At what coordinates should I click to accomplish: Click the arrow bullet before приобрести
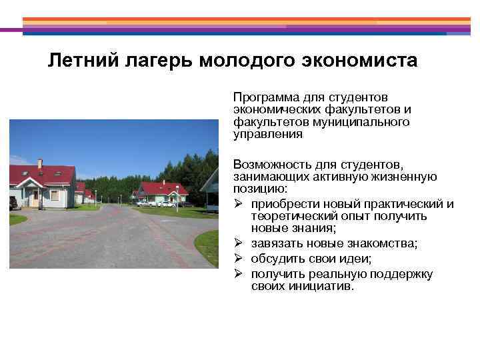(238, 204)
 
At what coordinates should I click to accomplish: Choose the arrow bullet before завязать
(238, 244)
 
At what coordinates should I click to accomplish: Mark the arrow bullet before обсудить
(238, 259)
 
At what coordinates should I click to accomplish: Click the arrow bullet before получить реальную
(238, 273)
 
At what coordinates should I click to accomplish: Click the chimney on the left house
(40, 163)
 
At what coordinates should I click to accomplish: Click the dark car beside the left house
(13, 203)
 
